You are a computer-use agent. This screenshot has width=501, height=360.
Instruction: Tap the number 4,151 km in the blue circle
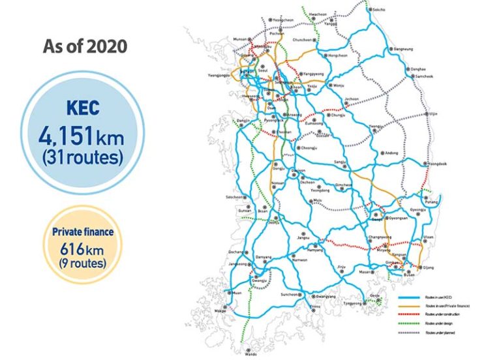[81, 137]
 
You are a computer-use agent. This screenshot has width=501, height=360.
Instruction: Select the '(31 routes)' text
[81, 157]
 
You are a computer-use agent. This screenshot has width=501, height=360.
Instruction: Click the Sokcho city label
[378, 10]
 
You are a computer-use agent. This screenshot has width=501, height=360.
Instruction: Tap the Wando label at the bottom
[250, 355]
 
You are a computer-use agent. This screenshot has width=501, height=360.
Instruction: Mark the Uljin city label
[432, 113]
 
